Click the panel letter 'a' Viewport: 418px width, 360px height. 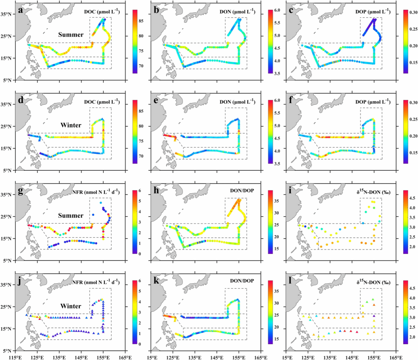tap(21, 10)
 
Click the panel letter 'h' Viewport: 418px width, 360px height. tap(156, 190)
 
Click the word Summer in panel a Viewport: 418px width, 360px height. tap(71, 35)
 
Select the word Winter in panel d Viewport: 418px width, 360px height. tap(71, 125)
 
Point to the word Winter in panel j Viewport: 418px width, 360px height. tap(71, 306)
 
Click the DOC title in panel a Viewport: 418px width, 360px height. tap(102, 12)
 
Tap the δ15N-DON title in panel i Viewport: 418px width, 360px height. tap(373, 191)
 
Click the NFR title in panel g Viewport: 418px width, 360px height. tap(96, 191)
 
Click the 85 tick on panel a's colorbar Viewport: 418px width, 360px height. tap(141, 21)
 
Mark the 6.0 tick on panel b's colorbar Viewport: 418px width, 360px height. tap(277, 10)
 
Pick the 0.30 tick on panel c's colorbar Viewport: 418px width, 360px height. tap(413, 13)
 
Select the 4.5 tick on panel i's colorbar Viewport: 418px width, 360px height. tap(412, 198)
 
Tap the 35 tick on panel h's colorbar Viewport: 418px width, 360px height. tap(277, 201)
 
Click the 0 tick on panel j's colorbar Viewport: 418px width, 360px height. tap(140, 344)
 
